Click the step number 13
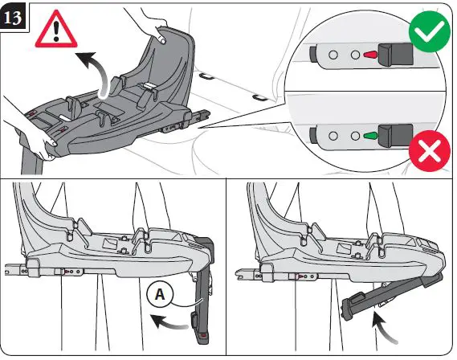[x=14, y=17]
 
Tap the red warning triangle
[x=56, y=30]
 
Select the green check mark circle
[x=430, y=31]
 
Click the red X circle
[x=430, y=151]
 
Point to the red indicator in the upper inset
[x=370, y=55]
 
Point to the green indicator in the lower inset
[x=370, y=136]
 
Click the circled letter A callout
[x=160, y=294]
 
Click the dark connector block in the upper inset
[x=395, y=54]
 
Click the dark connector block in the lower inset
[x=395, y=136]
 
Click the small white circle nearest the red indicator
[x=355, y=55]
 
